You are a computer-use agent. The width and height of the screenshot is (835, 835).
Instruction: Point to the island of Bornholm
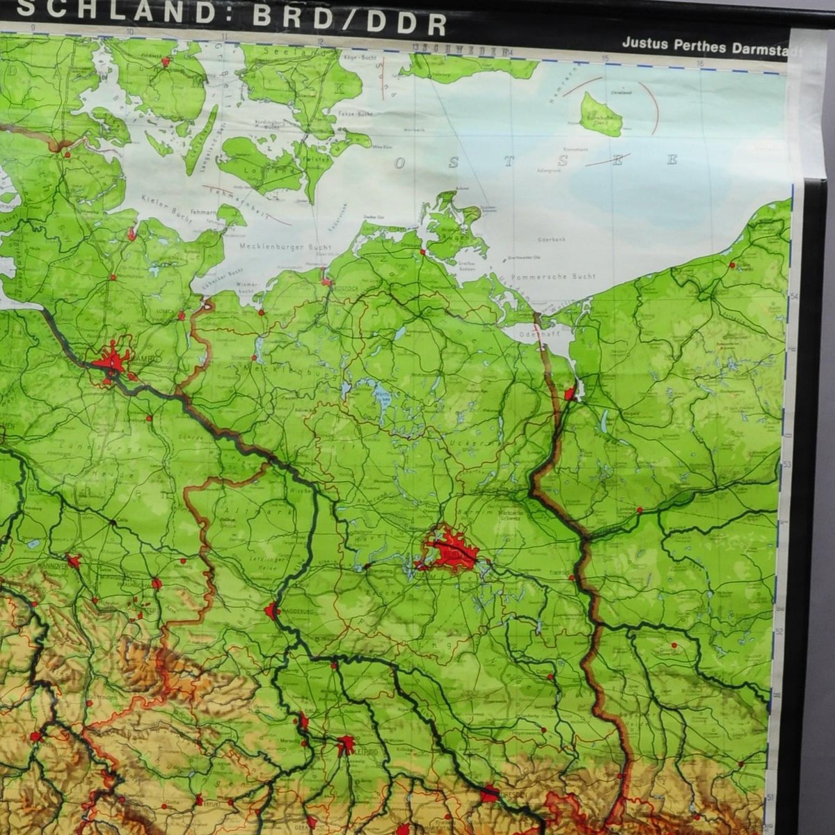tap(601, 115)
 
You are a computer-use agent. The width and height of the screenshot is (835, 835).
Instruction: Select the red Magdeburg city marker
tap(271, 611)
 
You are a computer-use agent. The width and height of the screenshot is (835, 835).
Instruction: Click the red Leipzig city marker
tap(345, 745)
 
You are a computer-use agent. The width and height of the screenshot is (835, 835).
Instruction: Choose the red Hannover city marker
tap(74, 560)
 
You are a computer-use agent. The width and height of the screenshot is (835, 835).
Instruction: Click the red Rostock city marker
tap(326, 281)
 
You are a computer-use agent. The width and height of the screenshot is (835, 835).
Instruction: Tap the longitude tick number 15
tap(606, 58)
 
